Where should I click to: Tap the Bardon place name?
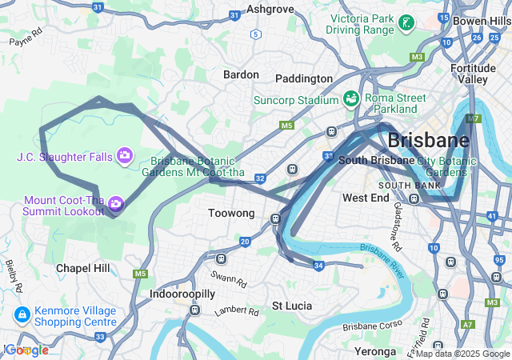coord(241,74)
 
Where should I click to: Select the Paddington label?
coord(303,78)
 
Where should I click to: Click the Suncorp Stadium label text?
coord(296,100)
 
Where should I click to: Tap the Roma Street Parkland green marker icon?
coord(350,98)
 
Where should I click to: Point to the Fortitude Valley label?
coord(473,74)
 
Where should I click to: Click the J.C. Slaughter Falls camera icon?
coord(124,154)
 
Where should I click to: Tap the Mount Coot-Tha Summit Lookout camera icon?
coord(116,204)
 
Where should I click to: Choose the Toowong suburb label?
coord(230,214)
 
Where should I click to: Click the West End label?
coord(366,198)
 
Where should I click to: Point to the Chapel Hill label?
coord(83,268)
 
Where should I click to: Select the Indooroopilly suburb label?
coord(182,294)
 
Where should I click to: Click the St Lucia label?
coord(292,306)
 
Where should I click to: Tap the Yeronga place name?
coord(375,351)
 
